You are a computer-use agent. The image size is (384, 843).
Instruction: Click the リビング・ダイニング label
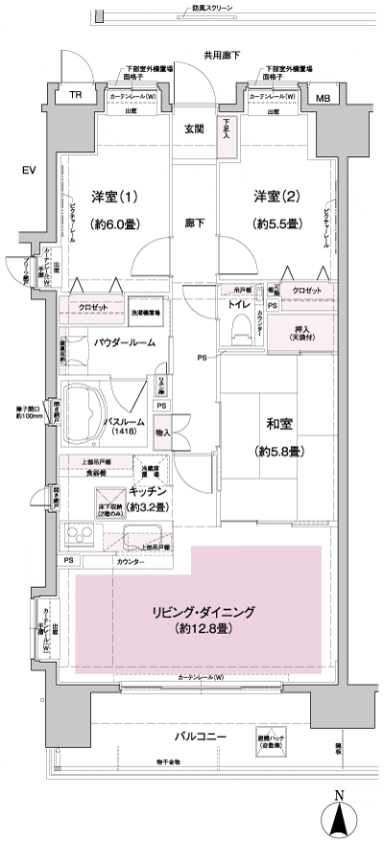pos(202,611)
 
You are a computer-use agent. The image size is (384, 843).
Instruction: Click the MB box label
pos(322,97)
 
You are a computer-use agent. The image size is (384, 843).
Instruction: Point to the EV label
pos(28,171)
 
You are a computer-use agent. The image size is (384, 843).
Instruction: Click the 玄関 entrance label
pos(195,129)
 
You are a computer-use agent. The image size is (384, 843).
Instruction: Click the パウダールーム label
pos(132,342)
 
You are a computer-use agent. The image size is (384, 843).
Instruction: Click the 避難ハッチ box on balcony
pos(271,739)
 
